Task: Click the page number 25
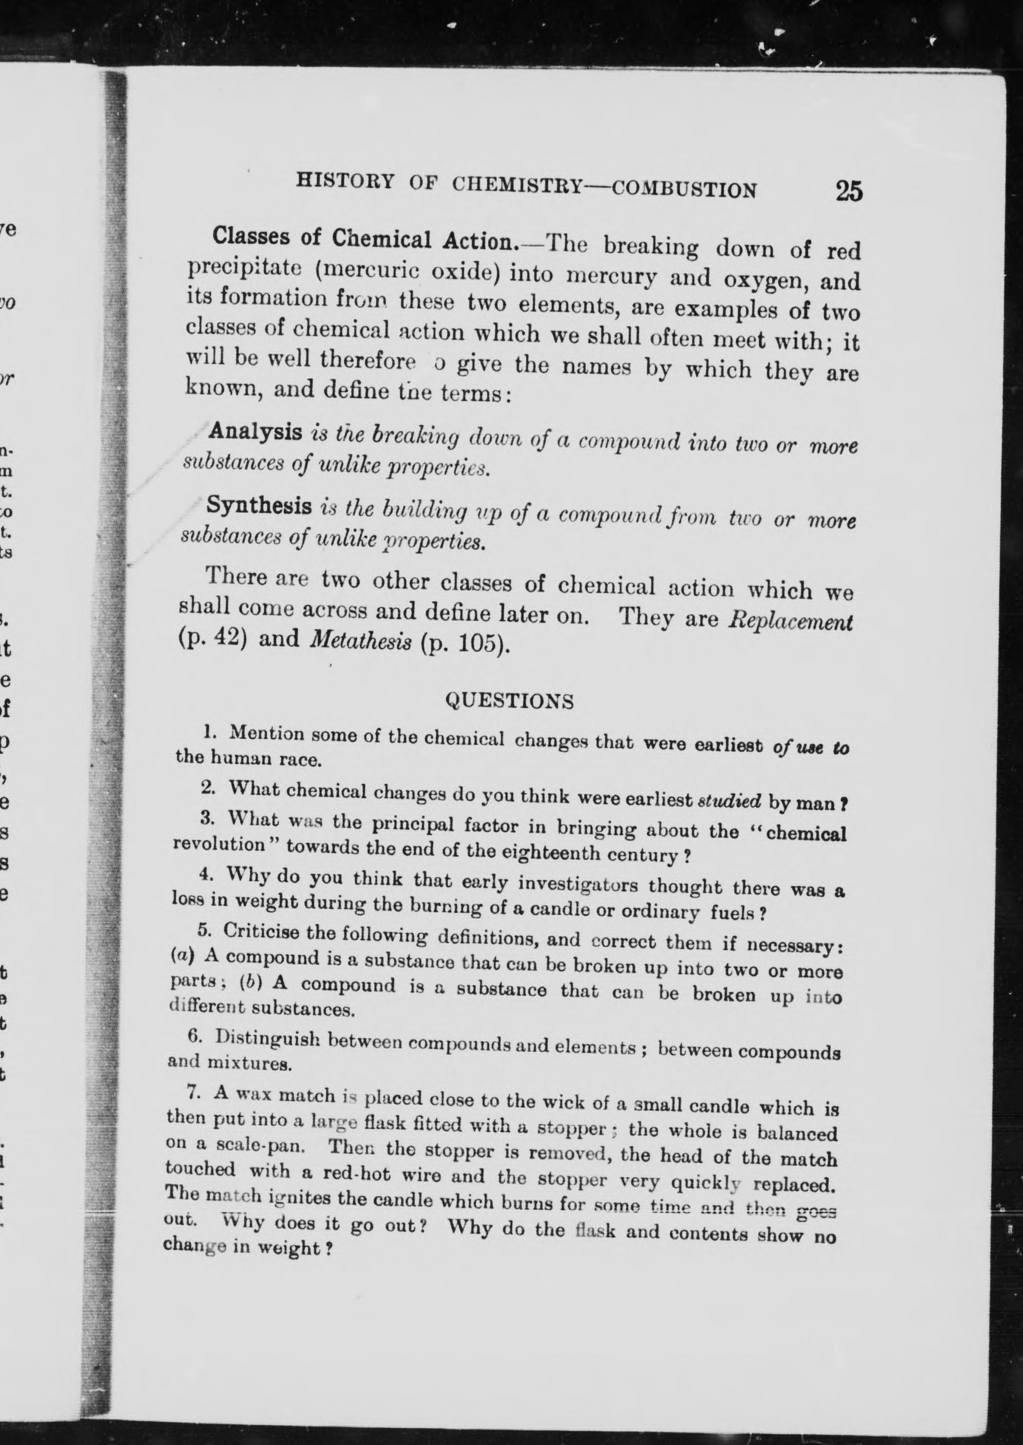coord(848,191)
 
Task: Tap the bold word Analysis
coord(255,432)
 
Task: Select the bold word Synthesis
coord(260,506)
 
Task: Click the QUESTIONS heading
coord(510,701)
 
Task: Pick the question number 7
coord(194,1092)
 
